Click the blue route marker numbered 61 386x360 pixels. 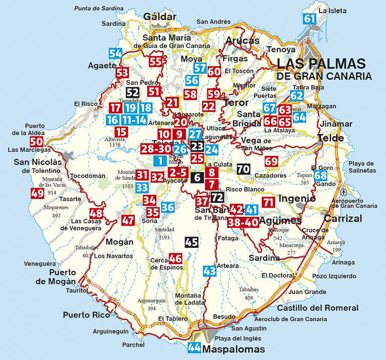[x=310, y=19]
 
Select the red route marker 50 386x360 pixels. [x=36, y=142]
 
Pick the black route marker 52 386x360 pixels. [x=132, y=93]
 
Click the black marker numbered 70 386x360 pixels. [x=243, y=169]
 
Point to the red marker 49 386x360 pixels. [x=37, y=193]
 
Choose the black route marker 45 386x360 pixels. [x=191, y=242]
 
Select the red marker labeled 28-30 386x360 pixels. [x=156, y=149]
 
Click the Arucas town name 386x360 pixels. [x=243, y=41]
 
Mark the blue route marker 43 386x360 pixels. [x=210, y=271]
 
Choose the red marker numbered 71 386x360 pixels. [x=268, y=203]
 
